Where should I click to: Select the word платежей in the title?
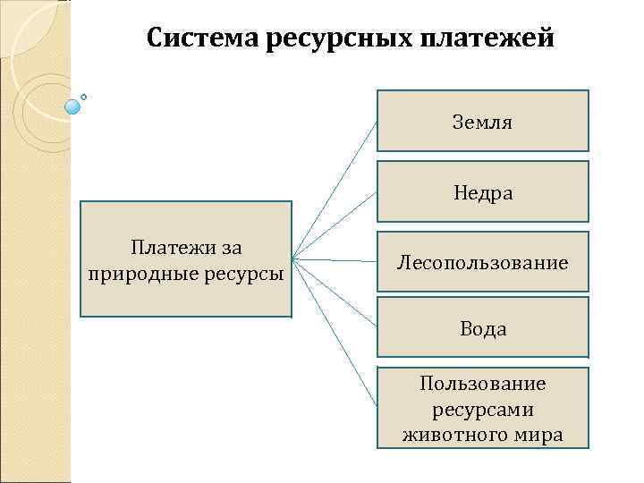[x=500, y=39]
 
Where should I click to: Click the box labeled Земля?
[x=482, y=120]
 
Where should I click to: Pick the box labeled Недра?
[x=482, y=191]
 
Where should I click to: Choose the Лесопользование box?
[x=482, y=261]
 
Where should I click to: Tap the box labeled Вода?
[x=482, y=327]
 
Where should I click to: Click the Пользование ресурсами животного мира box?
[x=482, y=407]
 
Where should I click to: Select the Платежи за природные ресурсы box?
[x=186, y=259]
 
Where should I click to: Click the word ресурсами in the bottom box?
[x=483, y=410]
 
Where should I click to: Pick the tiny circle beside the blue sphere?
[x=84, y=96]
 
